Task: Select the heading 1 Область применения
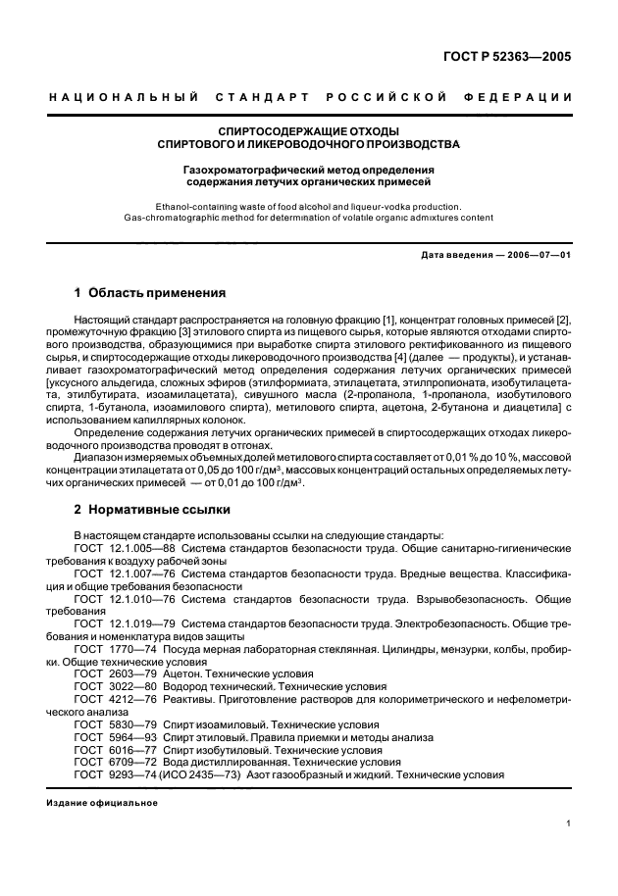[x=150, y=292]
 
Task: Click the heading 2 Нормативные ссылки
[x=152, y=510]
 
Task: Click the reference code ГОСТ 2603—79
[x=109, y=673]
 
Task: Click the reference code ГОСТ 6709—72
[x=109, y=762]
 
